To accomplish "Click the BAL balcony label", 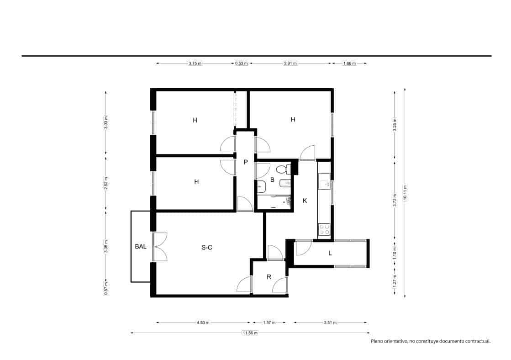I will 141,246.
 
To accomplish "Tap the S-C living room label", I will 207,248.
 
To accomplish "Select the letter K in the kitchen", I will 305,201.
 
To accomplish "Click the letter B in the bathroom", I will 272,180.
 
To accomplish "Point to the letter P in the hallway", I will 246,162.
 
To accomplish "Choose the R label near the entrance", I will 269,276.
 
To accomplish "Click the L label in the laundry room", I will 330,253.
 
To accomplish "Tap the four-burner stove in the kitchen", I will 324,229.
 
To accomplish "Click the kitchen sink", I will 324,182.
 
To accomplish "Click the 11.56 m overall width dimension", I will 250,333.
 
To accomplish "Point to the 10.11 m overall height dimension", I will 404,192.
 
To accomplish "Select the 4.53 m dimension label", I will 203,323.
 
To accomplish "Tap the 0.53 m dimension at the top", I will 241,64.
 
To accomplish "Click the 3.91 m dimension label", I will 290,64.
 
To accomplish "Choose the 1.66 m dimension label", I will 349,64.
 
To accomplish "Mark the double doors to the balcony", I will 160,247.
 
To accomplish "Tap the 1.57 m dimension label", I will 269,323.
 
